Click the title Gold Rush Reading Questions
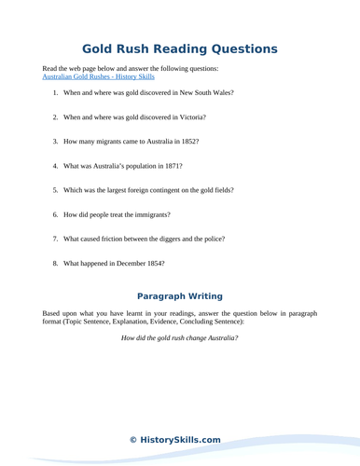point(179,48)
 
